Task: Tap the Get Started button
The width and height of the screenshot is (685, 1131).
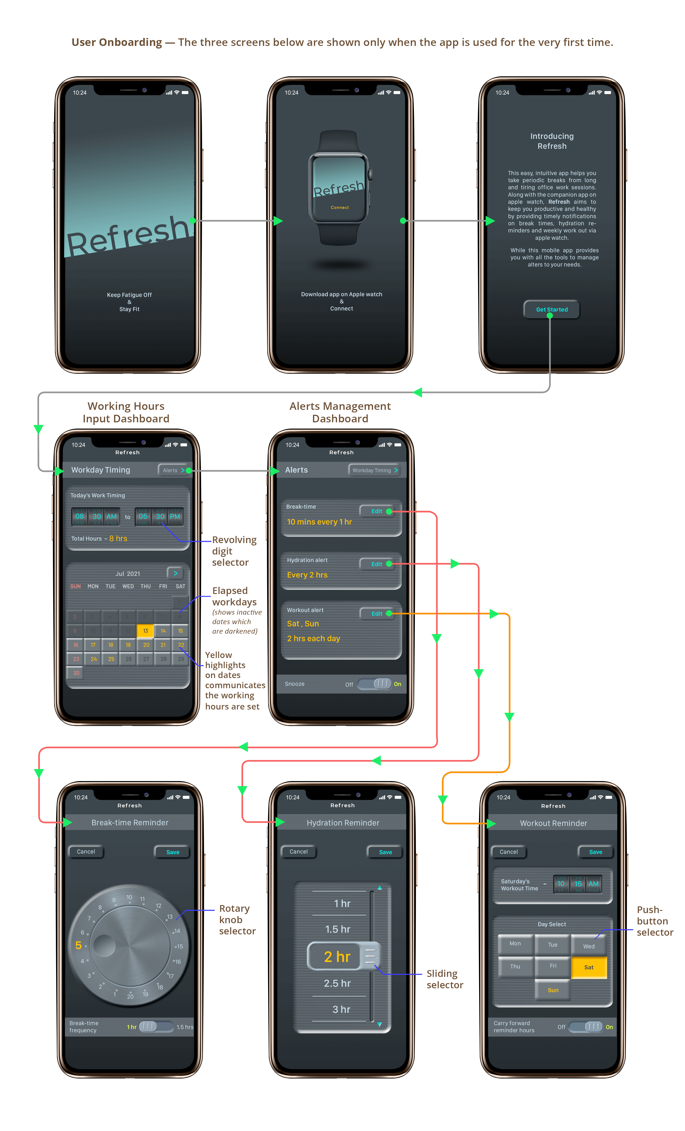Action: coord(551,309)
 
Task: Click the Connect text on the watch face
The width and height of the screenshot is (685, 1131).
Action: coord(340,207)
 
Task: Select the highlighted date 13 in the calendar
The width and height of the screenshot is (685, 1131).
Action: coord(145,631)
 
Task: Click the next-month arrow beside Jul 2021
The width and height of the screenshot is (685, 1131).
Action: coord(175,573)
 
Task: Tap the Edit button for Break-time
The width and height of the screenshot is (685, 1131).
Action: coord(376,511)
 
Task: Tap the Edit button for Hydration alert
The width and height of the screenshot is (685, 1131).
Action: coord(376,564)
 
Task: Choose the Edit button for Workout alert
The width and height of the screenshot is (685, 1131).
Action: coord(376,614)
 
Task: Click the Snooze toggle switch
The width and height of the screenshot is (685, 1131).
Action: coord(375,684)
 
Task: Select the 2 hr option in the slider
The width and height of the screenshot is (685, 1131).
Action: coord(337,957)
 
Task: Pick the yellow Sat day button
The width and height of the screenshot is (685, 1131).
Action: coord(589,967)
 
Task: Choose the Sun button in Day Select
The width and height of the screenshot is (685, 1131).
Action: coord(553,990)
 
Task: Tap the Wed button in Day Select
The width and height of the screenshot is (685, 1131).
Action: coord(589,946)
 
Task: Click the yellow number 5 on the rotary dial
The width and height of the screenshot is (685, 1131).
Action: coord(79,945)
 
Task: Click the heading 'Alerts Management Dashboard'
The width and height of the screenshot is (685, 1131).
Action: coord(340,412)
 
